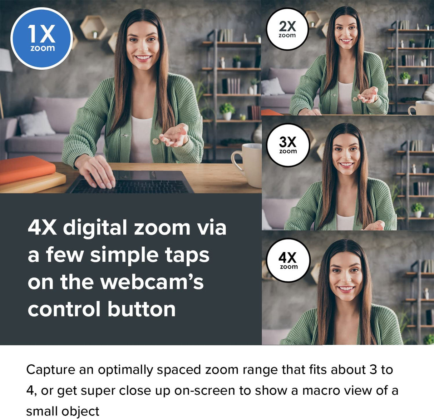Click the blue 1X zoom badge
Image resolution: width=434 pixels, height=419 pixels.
coord(42,38)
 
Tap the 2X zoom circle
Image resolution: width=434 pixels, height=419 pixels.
coord(287,29)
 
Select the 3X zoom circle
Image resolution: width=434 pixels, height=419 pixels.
coord(288,145)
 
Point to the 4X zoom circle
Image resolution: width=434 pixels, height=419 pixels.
coord(288,260)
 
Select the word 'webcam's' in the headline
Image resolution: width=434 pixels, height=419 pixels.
coord(152,282)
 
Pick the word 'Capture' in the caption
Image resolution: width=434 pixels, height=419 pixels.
coord(51,370)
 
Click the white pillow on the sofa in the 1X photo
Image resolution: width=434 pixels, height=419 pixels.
coord(36,124)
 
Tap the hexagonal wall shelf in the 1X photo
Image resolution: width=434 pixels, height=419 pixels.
coord(94,27)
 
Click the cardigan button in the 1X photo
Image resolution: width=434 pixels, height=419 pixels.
coord(156,141)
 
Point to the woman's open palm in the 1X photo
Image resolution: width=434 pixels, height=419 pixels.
coord(175,136)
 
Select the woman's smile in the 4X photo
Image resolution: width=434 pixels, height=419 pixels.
coord(346,289)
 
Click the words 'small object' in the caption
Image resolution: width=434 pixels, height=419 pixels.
coord(63,411)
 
